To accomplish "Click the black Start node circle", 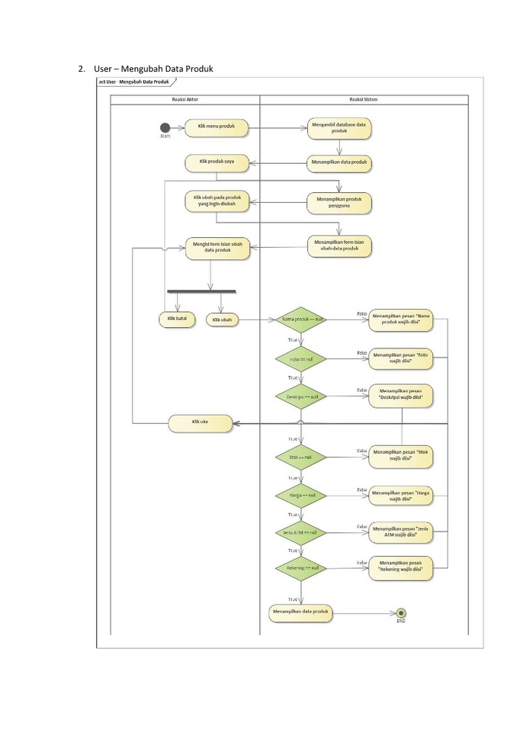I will pos(164,127).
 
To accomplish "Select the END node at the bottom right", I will pos(401,612).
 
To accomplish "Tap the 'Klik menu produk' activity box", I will pos(216,127).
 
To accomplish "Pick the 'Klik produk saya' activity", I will pos(216,162).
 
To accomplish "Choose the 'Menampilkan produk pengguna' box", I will pos(339,202).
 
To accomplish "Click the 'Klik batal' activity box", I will pos(176,319).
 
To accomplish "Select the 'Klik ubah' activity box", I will pos(222,319).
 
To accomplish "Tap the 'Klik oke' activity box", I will pos(200,423).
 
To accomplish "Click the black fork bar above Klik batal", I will pos(202,291).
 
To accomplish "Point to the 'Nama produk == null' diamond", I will pos(301,319).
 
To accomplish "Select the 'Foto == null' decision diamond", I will pos(301,358).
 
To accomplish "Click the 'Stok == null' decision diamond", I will pos(301,457).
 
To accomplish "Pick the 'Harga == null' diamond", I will pos(301,496).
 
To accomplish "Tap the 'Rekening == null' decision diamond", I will pos(301,568).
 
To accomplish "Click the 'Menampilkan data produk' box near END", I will pos(300,612).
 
